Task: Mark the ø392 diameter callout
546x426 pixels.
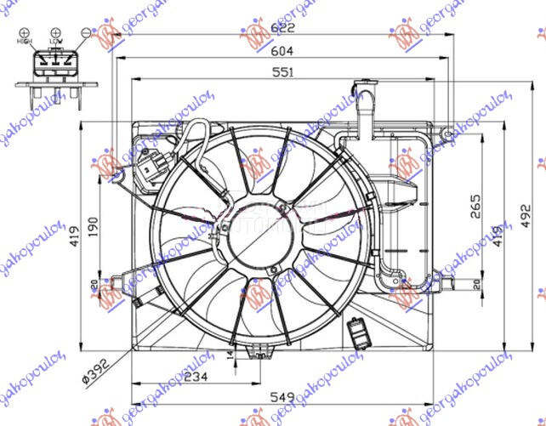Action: click(96, 366)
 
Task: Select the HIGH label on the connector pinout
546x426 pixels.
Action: click(24, 41)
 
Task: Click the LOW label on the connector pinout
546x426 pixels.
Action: click(55, 41)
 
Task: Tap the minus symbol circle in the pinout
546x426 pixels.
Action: click(86, 31)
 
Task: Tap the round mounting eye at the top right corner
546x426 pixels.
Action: click(444, 133)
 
